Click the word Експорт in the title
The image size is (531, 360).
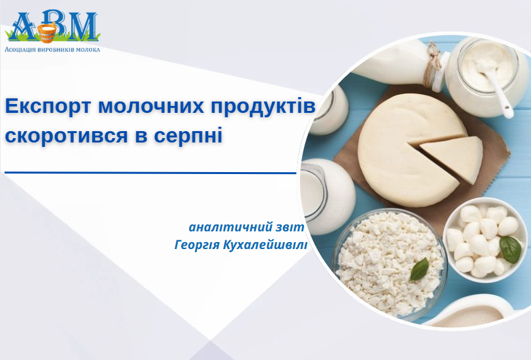[48, 106]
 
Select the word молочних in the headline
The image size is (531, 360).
[151, 106]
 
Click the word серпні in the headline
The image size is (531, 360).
[188, 136]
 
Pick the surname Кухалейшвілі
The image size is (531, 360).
[265, 245]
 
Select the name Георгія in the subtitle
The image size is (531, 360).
[197, 245]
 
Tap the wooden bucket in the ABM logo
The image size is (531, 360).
[47, 33]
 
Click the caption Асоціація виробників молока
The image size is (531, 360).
[52, 49]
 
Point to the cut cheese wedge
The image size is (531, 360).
[451, 158]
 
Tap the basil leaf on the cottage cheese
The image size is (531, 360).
[419, 269]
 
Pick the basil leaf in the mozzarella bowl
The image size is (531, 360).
[511, 250]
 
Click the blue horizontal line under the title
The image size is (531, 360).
[150, 173]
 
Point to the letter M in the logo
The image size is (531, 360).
[81, 25]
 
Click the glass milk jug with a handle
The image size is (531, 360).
[326, 197]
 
